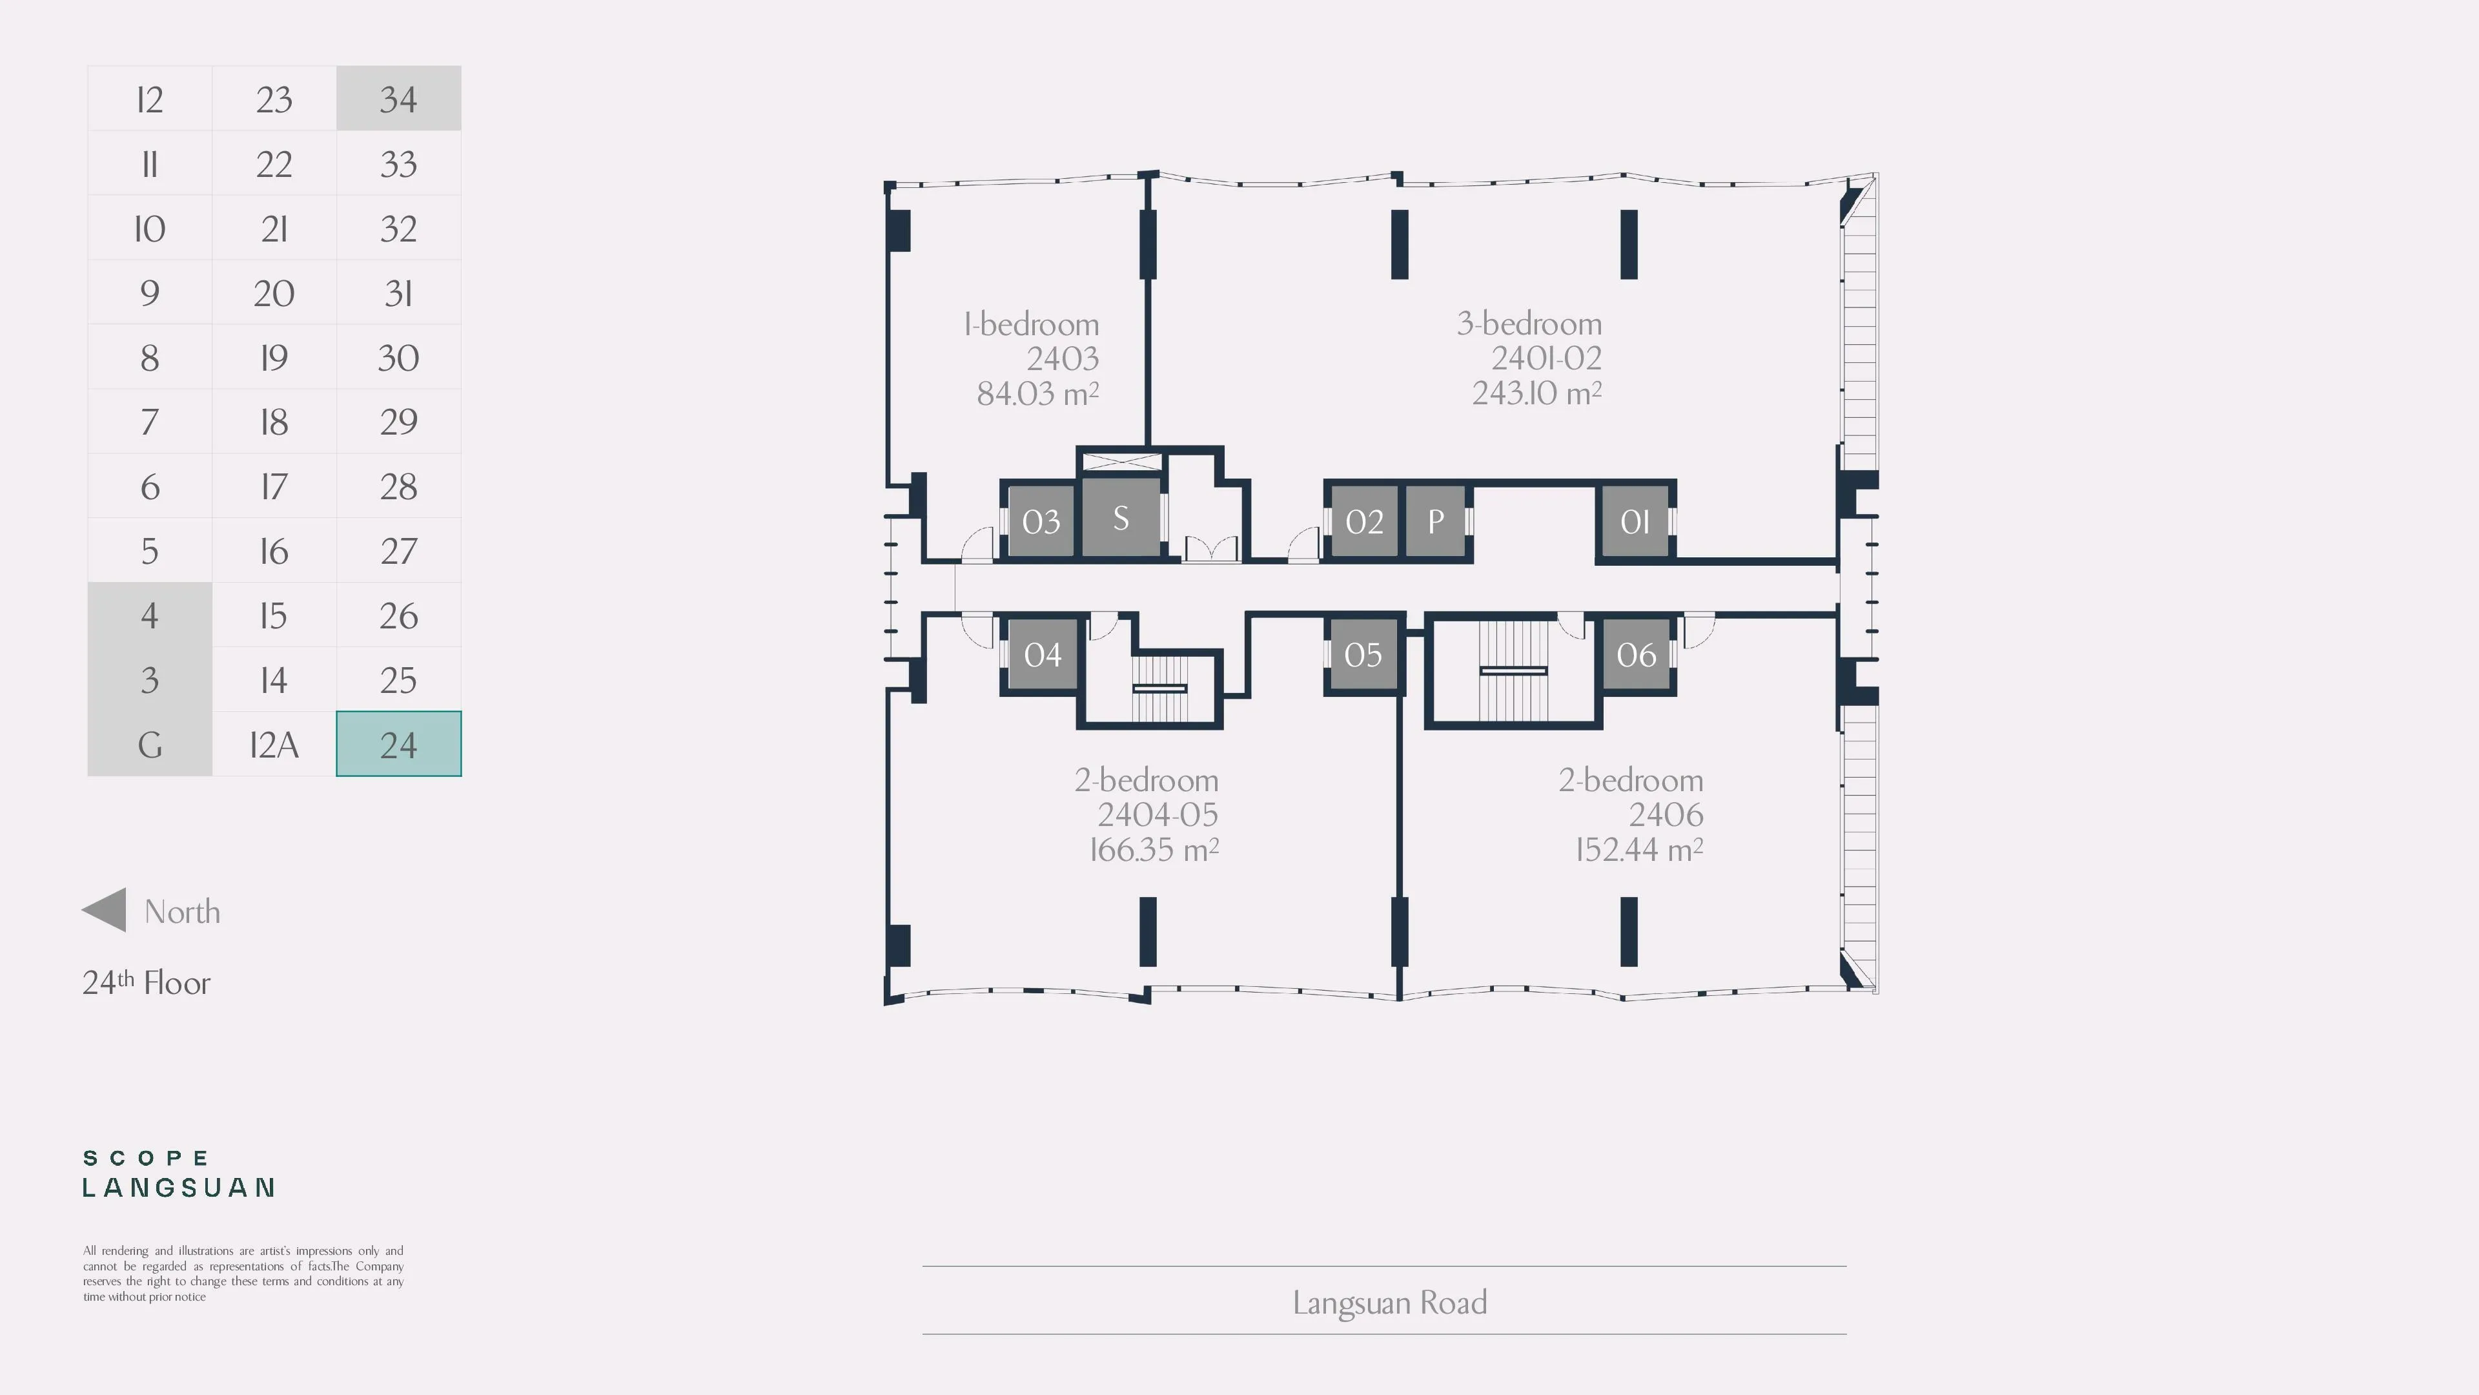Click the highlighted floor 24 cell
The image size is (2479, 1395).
(398, 744)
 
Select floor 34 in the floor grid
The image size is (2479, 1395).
(398, 98)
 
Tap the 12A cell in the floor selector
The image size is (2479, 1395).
(274, 744)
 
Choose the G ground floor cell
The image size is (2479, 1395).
(149, 744)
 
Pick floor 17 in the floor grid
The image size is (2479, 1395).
(274, 486)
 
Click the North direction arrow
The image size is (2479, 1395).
(104, 910)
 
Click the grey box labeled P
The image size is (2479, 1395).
(1435, 521)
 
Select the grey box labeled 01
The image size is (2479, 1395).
(1635, 521)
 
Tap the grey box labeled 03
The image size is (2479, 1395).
(1040, 521)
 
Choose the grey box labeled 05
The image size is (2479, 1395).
(1363, 654)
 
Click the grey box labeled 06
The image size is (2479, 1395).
(1636, 654)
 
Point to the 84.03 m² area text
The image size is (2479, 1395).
(1037, 393)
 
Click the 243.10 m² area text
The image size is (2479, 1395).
(1537, 392)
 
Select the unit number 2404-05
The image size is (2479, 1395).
(1158, 814)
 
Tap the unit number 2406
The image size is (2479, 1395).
(1666, 814)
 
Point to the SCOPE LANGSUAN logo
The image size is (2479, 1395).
(179, 1173)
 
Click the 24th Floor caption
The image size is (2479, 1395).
(147, 982)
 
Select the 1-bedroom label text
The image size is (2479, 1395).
(1032, 324)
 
